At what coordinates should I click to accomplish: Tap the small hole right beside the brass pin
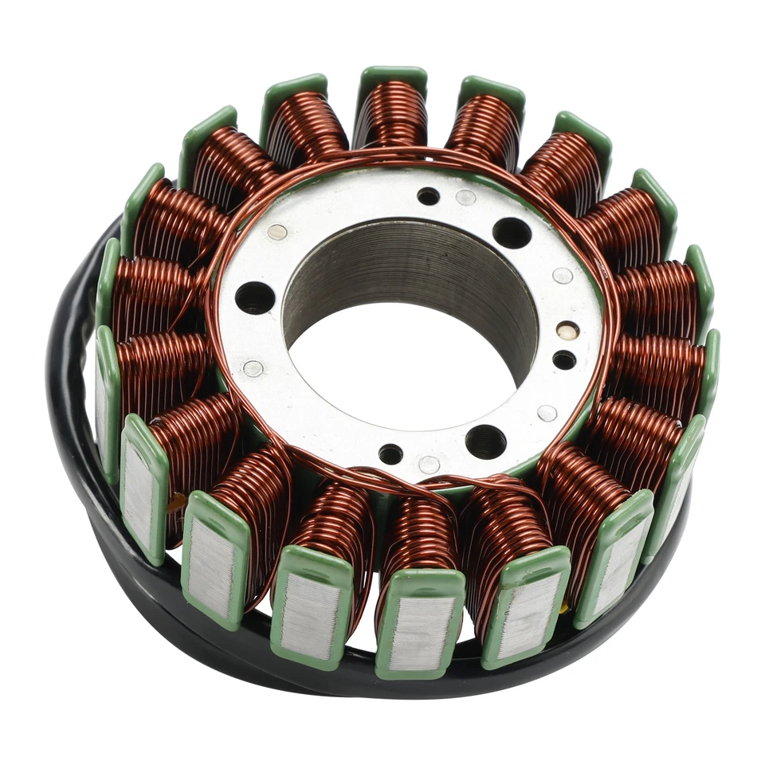(x=564, y=359)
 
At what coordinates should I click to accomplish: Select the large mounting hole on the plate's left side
(x=255, y=297)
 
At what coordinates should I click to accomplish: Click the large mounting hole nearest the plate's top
(x=512, y=233)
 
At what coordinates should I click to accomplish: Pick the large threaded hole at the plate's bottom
(x=485, y=441)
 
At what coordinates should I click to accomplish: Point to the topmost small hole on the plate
(x=428, y=196)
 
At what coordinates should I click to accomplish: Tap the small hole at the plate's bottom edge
(x=390, y=454)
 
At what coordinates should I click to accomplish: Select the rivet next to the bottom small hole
(x=429, y=464)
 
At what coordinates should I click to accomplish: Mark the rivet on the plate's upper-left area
(x=277, y=232)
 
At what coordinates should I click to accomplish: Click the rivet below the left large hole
(x=253, y=368)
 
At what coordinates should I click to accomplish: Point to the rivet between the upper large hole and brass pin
(x=563, y=276)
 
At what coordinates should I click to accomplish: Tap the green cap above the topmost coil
(x=391, y=76)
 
